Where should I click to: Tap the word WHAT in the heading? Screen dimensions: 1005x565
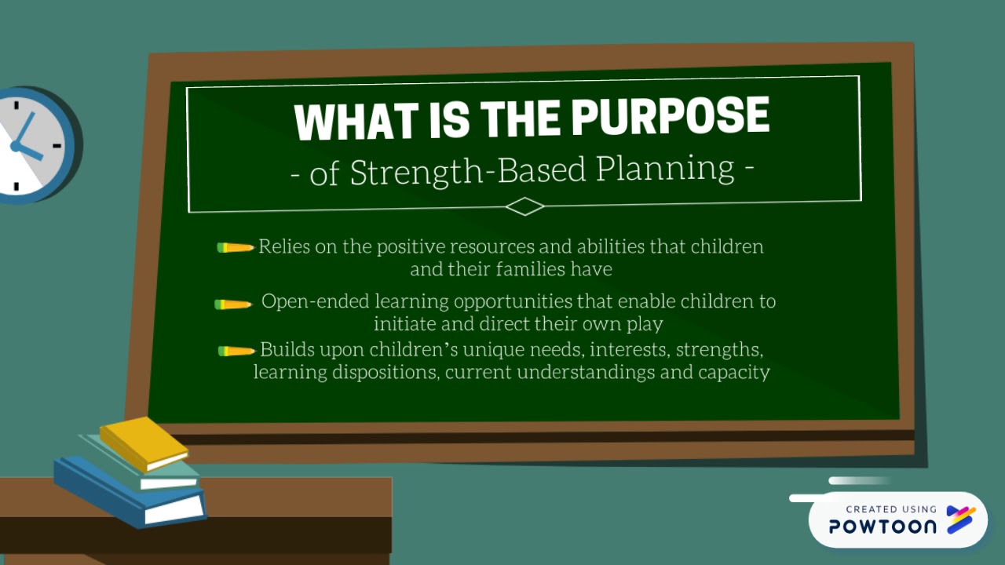pos(356,121)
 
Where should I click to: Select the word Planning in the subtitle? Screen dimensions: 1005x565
pos(665,169)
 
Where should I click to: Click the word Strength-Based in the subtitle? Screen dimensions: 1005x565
pos(468,171)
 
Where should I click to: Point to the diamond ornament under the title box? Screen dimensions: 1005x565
pos(524,206)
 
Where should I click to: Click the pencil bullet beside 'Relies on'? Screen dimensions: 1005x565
pos(236,247)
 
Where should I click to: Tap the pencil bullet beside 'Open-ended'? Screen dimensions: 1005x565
pos(233,305)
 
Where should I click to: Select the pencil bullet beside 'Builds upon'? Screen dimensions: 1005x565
pos(236,351)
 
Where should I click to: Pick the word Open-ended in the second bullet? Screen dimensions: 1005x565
pos(316,302)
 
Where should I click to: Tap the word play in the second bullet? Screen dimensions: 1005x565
pos(645,324)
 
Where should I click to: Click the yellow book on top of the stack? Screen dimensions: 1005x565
pos(144,443)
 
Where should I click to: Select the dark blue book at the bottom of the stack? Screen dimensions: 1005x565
pos(130,492)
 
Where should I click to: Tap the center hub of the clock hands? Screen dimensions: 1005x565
pos(16,146)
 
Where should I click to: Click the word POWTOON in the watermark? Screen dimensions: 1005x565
pos(883,526)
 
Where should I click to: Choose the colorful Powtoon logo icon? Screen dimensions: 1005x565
pos(961,519)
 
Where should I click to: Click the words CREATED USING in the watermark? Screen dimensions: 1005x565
pos(891,509)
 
